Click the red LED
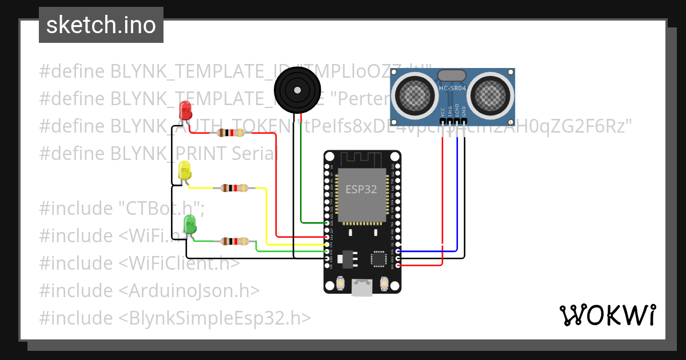185,110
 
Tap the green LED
189,223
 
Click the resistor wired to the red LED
230,133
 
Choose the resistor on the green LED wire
234,241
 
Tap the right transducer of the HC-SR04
491,93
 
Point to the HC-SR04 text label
453,88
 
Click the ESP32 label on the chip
361,190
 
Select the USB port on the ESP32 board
362,288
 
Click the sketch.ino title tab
101,25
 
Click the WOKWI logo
607,315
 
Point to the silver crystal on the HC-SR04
452,75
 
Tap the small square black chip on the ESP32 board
379,258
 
